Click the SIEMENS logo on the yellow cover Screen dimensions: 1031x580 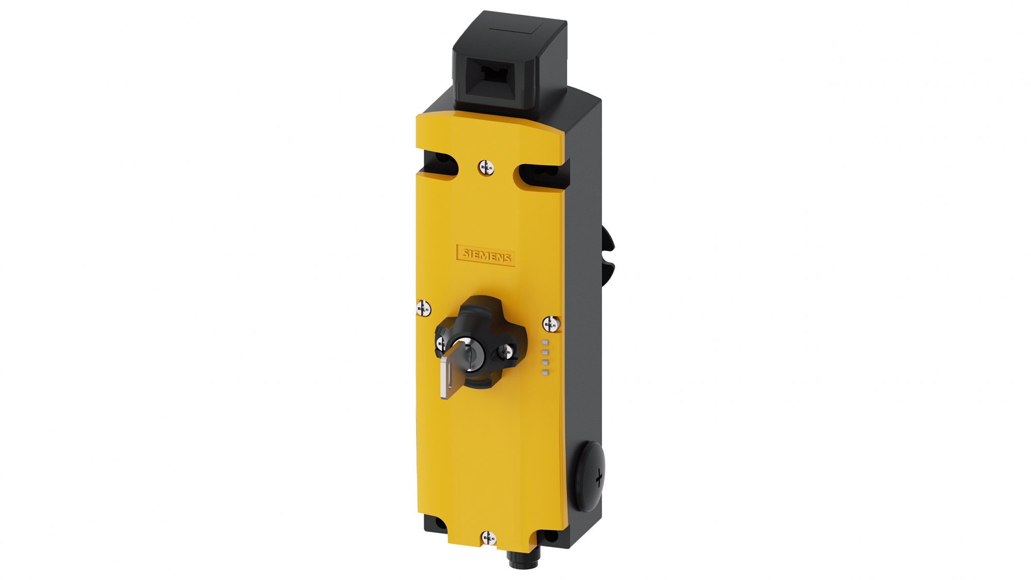click(486, 255)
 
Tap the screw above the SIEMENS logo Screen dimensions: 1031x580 click(486, 168)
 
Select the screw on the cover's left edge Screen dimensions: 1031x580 click(423, 308)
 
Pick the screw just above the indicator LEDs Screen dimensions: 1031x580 click(551, 324)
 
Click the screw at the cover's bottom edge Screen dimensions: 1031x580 click(489, 538)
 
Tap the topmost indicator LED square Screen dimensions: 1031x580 click(545, 342)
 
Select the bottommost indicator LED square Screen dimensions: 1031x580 click(545, 372)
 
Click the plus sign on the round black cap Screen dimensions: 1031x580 click(598, 478)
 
